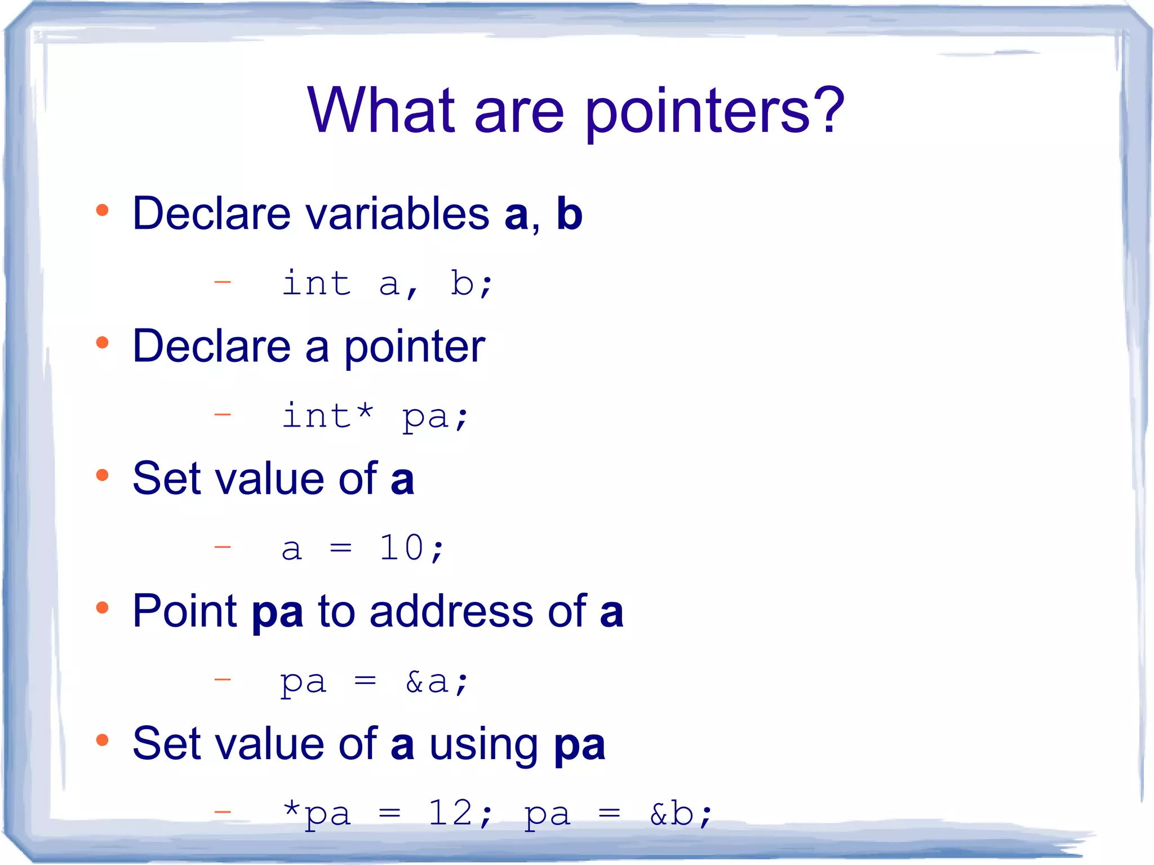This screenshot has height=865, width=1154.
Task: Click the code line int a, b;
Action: click(387, 283)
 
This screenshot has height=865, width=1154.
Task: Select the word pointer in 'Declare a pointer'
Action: click(415, 347)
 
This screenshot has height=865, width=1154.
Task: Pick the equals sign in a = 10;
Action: click(340, 548)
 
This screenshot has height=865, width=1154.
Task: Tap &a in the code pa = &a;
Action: click(427, 682)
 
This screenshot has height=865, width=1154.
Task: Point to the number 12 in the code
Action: click(450, 813)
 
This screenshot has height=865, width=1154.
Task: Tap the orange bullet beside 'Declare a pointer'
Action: click(102, 343)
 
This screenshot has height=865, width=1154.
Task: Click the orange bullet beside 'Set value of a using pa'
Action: click(102, 740)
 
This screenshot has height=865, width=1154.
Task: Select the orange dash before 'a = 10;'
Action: click(223, 547)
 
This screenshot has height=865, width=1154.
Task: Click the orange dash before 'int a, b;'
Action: click(223, 281)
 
